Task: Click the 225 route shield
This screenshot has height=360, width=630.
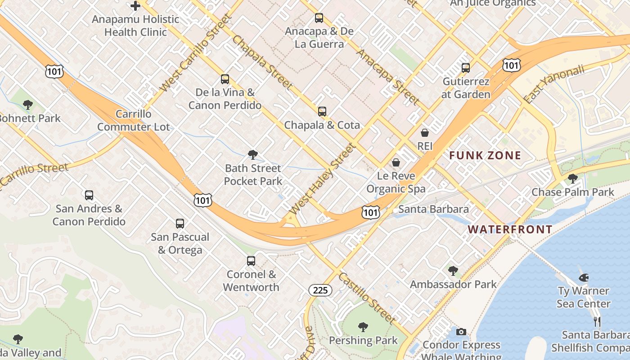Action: [x=320, y=290]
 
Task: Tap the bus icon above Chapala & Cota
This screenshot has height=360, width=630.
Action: [x=322, y=112]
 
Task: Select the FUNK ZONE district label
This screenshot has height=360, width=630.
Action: [x=485, y=156]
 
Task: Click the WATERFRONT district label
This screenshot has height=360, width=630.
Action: [x=510, y=229]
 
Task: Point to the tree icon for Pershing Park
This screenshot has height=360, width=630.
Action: [x=363, y=327]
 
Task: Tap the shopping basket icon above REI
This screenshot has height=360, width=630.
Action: [x=424, y=133]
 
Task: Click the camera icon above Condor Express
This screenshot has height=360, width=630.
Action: [x=461, y=332]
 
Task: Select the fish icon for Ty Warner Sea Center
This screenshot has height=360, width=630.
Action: [x=584, y=278]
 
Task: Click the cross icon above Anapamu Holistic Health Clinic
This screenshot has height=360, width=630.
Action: [x=135, y=6]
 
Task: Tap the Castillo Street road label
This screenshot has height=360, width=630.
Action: [x=367, y=298]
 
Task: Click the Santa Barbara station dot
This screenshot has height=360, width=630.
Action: [x=394, y=210]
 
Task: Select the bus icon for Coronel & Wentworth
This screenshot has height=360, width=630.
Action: [x=251, y=261]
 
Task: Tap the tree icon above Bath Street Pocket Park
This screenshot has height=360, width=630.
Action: [x=253, y=155]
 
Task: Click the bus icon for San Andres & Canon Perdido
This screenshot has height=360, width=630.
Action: [x=89, y=195]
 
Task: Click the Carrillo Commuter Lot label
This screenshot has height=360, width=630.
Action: [x=134, y=120]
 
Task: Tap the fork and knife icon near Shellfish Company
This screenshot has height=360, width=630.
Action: [x=597, y=321]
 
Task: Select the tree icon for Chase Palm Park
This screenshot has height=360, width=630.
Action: [x=572, y=179]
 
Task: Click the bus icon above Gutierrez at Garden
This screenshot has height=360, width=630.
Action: [x=466, y=68]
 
